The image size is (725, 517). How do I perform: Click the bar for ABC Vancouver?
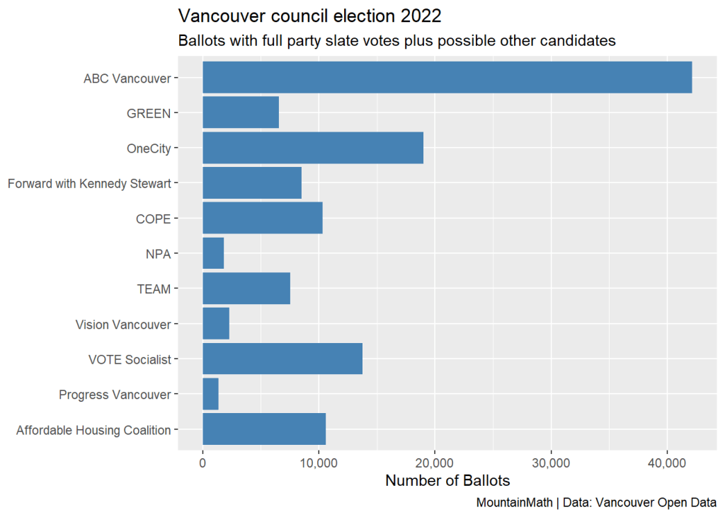pyautogui.click(x=447, y=77)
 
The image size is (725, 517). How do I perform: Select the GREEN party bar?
pyautogui.click(x=241, y=112)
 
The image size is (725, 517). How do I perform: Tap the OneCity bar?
pyautogui.click(x=313, y=148)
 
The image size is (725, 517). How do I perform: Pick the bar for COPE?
pyautogui.click(x=263, y=218)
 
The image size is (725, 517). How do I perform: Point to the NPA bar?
pyautogui.click(x=213, y=253)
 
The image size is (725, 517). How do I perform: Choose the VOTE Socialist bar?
pyautogui.click(x=282, y=359)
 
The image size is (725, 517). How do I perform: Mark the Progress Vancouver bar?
pyautogui.click(x=210, y=394)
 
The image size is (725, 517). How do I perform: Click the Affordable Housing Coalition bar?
pyautogui.click(x=264, y=429)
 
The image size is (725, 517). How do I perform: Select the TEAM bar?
pyautogui.click(x=246, y=289)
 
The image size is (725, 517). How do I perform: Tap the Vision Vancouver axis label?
pyautogui.click(x=123, y=325)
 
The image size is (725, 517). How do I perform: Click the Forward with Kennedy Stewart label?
pyautogui.click(x=89, y=184)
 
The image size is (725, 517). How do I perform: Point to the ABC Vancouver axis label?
pyautogui.click(x=127, y=79)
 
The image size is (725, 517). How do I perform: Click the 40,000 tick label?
pyautogui.click(x=666, y=463)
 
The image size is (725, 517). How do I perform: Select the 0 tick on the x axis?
pyautogui.click(x=203, y=463)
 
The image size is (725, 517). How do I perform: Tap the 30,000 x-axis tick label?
pyautogui.click(x=550, y=463)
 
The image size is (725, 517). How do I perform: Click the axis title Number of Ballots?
pyautogui.click(x=447, y=482)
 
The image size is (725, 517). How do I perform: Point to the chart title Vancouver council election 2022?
pyautogui.click(x=309, y=16)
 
